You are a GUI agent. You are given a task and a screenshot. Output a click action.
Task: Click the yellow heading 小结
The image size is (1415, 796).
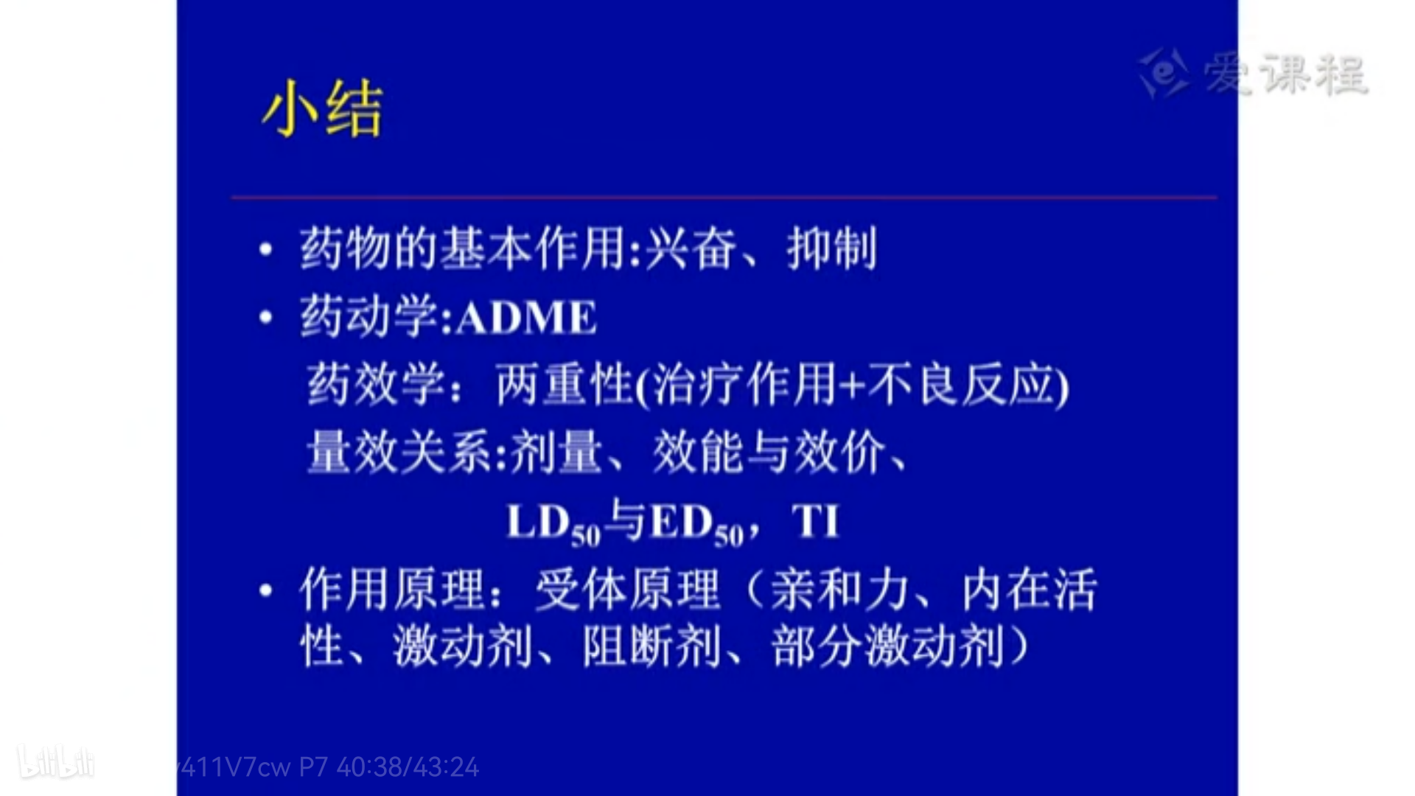323,109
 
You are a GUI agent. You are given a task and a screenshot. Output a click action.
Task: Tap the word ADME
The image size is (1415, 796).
526,318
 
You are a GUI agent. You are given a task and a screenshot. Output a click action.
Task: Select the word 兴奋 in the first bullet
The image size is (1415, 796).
691,248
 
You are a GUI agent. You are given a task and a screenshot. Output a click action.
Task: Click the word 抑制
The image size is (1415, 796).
832,248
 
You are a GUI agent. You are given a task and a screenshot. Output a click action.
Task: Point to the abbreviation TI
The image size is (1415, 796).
816,521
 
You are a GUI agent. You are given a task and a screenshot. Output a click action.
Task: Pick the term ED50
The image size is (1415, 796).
697,524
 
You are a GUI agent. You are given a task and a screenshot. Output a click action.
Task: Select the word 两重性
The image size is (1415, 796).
565,384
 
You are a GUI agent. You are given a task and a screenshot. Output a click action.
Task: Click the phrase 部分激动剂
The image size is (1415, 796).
887,647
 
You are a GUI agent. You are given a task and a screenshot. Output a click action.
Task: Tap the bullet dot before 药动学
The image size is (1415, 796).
266,318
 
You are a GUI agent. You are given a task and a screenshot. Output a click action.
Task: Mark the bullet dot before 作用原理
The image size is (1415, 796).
266,590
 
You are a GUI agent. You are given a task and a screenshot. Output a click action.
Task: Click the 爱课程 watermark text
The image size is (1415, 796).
1285,74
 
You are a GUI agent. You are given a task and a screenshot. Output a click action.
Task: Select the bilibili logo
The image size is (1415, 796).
56,763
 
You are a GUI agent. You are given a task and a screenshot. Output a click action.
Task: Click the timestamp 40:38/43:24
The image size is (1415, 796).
408,768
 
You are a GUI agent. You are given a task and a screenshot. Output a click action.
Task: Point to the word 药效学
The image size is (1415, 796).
376,384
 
